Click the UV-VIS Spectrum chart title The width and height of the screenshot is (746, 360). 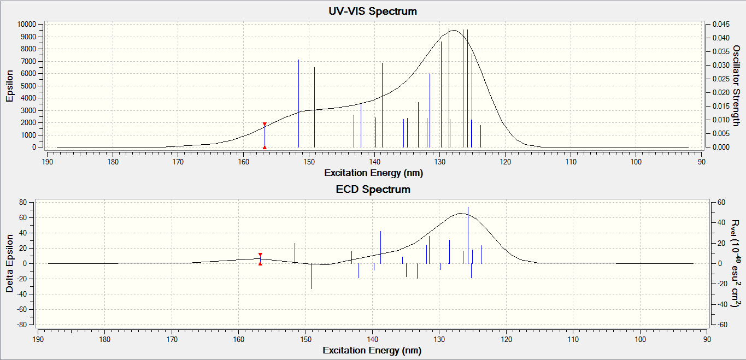[373, 11]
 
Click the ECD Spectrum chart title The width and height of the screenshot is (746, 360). [373, 190]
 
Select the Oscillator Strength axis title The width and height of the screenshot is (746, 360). [735, 86]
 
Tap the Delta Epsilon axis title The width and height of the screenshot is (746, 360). [9, 263]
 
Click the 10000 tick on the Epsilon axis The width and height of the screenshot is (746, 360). [26, 25]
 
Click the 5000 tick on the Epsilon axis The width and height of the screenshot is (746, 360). [28, 86]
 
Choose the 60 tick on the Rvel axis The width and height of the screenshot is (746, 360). [721, 202]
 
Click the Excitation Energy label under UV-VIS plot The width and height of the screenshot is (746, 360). [373, 173]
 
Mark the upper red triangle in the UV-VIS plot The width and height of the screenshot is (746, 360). [265, 125]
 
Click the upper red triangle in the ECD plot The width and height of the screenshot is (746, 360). [260, 255]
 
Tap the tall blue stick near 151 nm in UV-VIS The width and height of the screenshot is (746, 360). [298, 103]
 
